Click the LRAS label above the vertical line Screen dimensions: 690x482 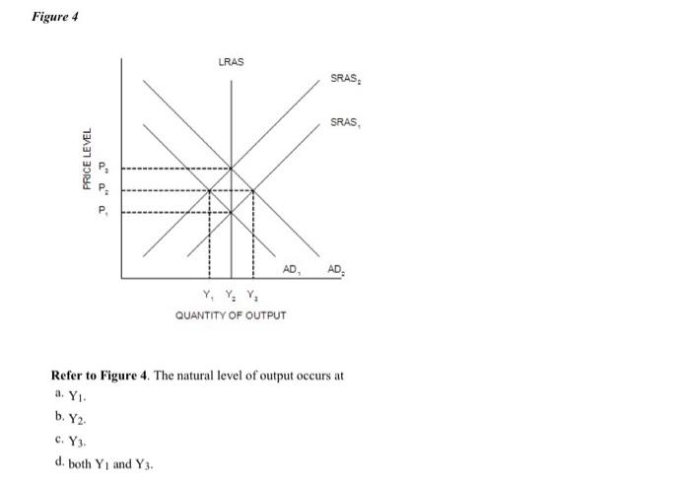click(231, 62)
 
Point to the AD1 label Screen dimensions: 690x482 click(292, 268)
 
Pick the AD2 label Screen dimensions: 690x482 click(336, 268)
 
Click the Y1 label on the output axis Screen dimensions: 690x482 click(207, 295)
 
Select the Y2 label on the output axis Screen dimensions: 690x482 click(230, 295)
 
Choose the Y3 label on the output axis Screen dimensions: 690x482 click(252, 295)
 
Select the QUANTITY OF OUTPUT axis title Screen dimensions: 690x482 click(231, 315)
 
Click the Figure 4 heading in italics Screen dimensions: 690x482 click(55, 17)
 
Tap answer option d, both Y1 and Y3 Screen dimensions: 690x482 click(104, 463)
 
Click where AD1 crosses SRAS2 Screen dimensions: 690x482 click(209, 190)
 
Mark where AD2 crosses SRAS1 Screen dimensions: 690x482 click(253, 190)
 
